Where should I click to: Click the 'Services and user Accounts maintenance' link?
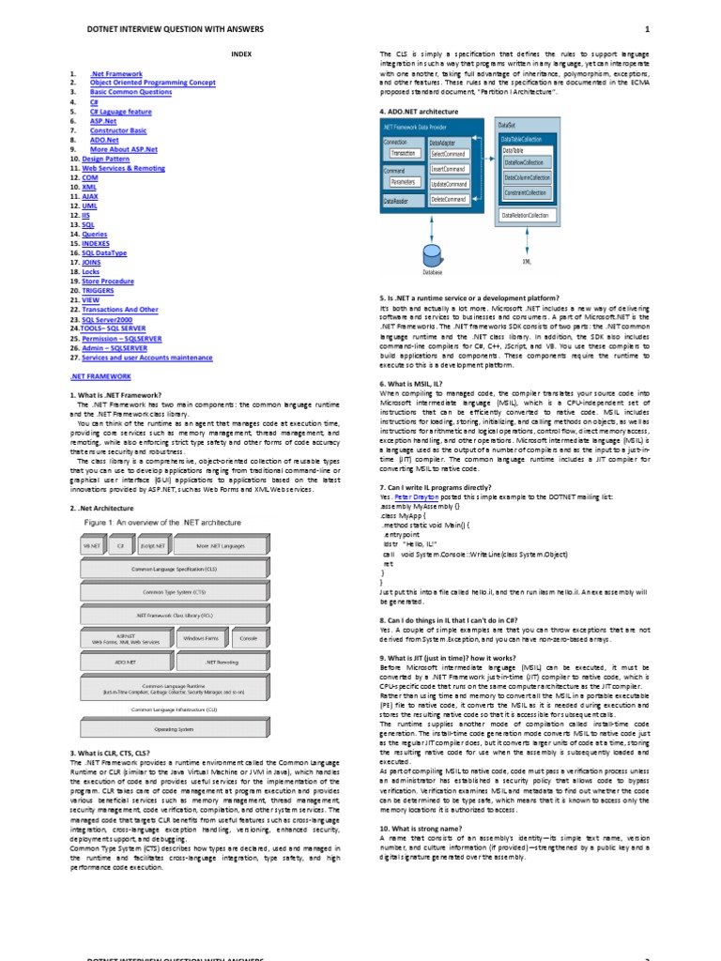(x=146, y=357)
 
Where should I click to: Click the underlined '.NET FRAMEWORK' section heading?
(x=100, y=376)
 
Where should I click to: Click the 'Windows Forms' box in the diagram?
(x=201, y=638)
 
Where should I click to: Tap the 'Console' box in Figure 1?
(x=249, y=638)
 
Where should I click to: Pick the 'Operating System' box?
(x=174, y=728)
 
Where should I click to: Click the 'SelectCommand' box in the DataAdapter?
(x=449, y=153)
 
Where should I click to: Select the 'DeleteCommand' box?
(x=449, y=199)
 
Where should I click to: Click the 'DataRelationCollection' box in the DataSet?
(x=525, y=215)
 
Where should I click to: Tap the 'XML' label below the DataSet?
(x=525, y=262)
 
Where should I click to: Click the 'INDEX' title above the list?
(x=243, y=55)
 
